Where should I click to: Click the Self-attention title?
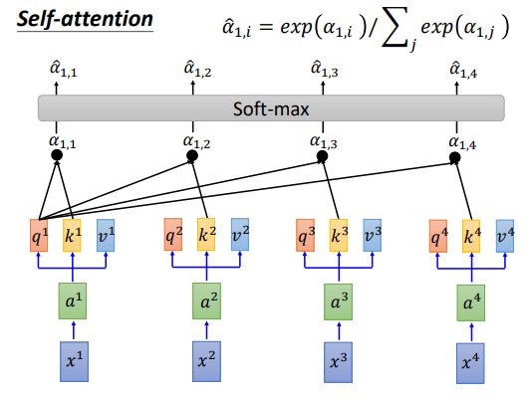pyautogui.click(x=85, y=19)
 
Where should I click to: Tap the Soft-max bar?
pyautogui.click(x=271, y=108)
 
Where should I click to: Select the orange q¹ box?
pyautogui.click(x=39, y=236)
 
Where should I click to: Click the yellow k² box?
pyautogui.click(x=206, y=235)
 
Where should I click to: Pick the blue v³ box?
pyautogui.click(x=373, y=236)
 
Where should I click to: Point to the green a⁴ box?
pyautogui.click(x=470, y=302)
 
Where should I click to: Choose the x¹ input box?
pyautogui.click(x=74, y=361)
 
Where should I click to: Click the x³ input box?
pyautogui.click(x=338, y=362)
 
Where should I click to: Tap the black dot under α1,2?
pyautogui.click(x=192, y=156)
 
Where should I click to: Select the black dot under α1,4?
pyautogui.click(x=455, y=157)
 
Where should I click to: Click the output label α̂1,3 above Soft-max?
pyautogui.click(x=324, y=69)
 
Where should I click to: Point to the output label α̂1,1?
pyautogui.click(x=63, y=69)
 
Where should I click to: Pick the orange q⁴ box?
pyautogui.click(x=438, y=236)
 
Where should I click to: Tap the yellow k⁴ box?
pyautogui.click(x=471, y=236)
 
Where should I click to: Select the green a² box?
pyautogui.click(x=206, y=300)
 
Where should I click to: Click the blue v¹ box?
pyautogui.click(x=106, y=236)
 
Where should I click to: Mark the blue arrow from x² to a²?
pyautogui.click(x=207, y=330)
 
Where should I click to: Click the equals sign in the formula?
pyautogui.click(x=265, y=28)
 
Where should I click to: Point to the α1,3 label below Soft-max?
pyautogui.click(x=324, y=142)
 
